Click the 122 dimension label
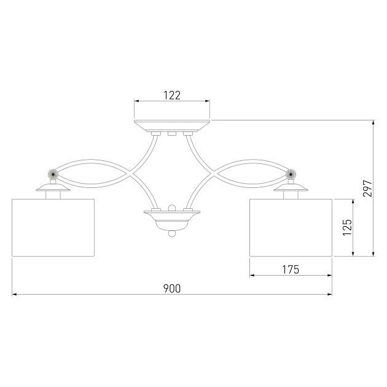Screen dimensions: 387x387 click(172, 95)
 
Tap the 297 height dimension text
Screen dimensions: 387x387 click(367, 189)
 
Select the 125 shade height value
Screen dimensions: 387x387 click(347, 227)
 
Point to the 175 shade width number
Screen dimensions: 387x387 click(291, 270)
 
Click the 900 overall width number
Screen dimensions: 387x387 click(172, 289)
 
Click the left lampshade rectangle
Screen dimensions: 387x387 click(53, 227)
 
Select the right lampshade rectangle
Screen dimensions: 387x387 click(291, 227)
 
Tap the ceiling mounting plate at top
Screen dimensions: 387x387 click(172, 126)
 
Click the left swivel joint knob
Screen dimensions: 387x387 click(53, 174)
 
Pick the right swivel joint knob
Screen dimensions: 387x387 click(291, 174)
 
